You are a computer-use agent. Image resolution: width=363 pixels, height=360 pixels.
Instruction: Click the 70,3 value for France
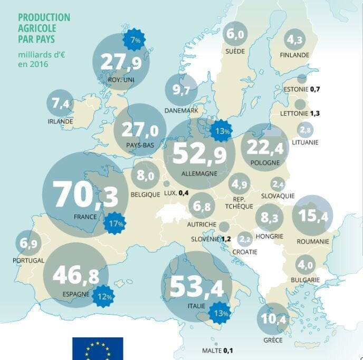(x=81, y=195)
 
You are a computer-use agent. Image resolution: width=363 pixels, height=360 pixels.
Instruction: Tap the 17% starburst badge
(x=114, y=223)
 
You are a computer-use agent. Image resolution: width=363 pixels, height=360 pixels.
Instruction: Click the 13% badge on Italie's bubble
(x=221, y=314)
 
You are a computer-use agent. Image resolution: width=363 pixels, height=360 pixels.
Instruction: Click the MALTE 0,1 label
(x=218, y=350)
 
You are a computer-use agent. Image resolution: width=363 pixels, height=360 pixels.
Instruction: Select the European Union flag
(x=98, y=348)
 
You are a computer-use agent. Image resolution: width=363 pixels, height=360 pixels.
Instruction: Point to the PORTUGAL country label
(x=28, y=260)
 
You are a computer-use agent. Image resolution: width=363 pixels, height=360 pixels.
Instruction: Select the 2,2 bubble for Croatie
(x=245, y=239)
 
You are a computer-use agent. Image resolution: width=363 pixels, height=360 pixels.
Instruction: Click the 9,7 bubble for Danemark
(x=181, y=90)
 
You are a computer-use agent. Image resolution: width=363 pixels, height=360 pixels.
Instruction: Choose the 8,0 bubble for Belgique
(x=145, y=175)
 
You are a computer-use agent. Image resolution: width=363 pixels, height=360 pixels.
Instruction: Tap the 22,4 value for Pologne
(x=265, y=147)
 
